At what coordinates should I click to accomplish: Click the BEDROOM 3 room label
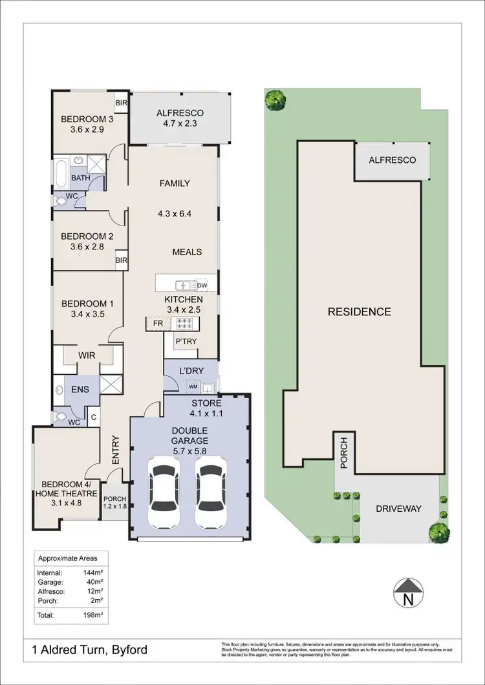click(x=87, y=124)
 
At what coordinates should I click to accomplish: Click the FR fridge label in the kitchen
click(x=157, y=322)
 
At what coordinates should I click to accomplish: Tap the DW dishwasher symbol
click(x=202, y=285)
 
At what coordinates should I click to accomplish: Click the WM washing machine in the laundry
click(x=193, y=386)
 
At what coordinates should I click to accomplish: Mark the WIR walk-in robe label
click(x=87, y=355)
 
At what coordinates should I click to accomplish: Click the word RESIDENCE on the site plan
click(x=360, y=311)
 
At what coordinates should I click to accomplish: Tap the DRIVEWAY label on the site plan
click(x=398, y=509)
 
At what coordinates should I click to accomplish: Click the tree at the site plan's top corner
click(x=276, y=99)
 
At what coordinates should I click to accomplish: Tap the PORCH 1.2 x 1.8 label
click(x=115, y=502)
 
